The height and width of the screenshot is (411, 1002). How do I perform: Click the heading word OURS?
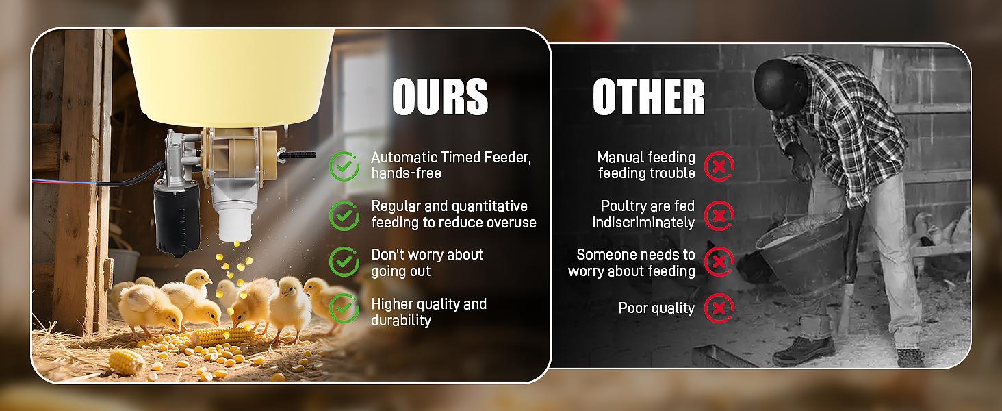(x=440, y=97)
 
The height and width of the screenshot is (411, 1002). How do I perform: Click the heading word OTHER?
(x=648, y=97)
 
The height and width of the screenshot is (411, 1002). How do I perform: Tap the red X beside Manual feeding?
(x=719, y=166)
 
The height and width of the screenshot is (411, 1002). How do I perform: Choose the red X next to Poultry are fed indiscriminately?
(x=719, y=215)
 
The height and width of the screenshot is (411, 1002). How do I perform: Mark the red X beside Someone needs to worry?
(x=719, y=262)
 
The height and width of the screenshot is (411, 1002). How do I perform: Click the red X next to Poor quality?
(x=719, y=308)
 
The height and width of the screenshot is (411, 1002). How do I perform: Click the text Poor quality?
(x=656, y=308)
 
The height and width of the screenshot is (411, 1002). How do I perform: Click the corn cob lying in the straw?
(x=126, y=361)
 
